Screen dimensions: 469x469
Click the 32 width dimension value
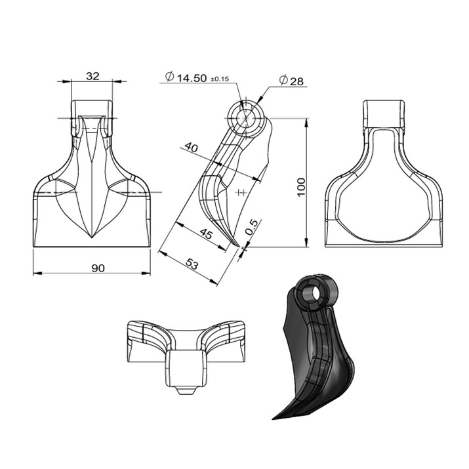pos(92,76)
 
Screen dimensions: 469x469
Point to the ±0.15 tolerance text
pos(219,79)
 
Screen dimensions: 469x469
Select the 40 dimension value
pos(191,148)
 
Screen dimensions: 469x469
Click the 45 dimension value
pos(205,234)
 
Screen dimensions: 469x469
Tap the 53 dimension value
pos(192,264)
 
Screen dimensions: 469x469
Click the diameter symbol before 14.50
pos(169,78)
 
